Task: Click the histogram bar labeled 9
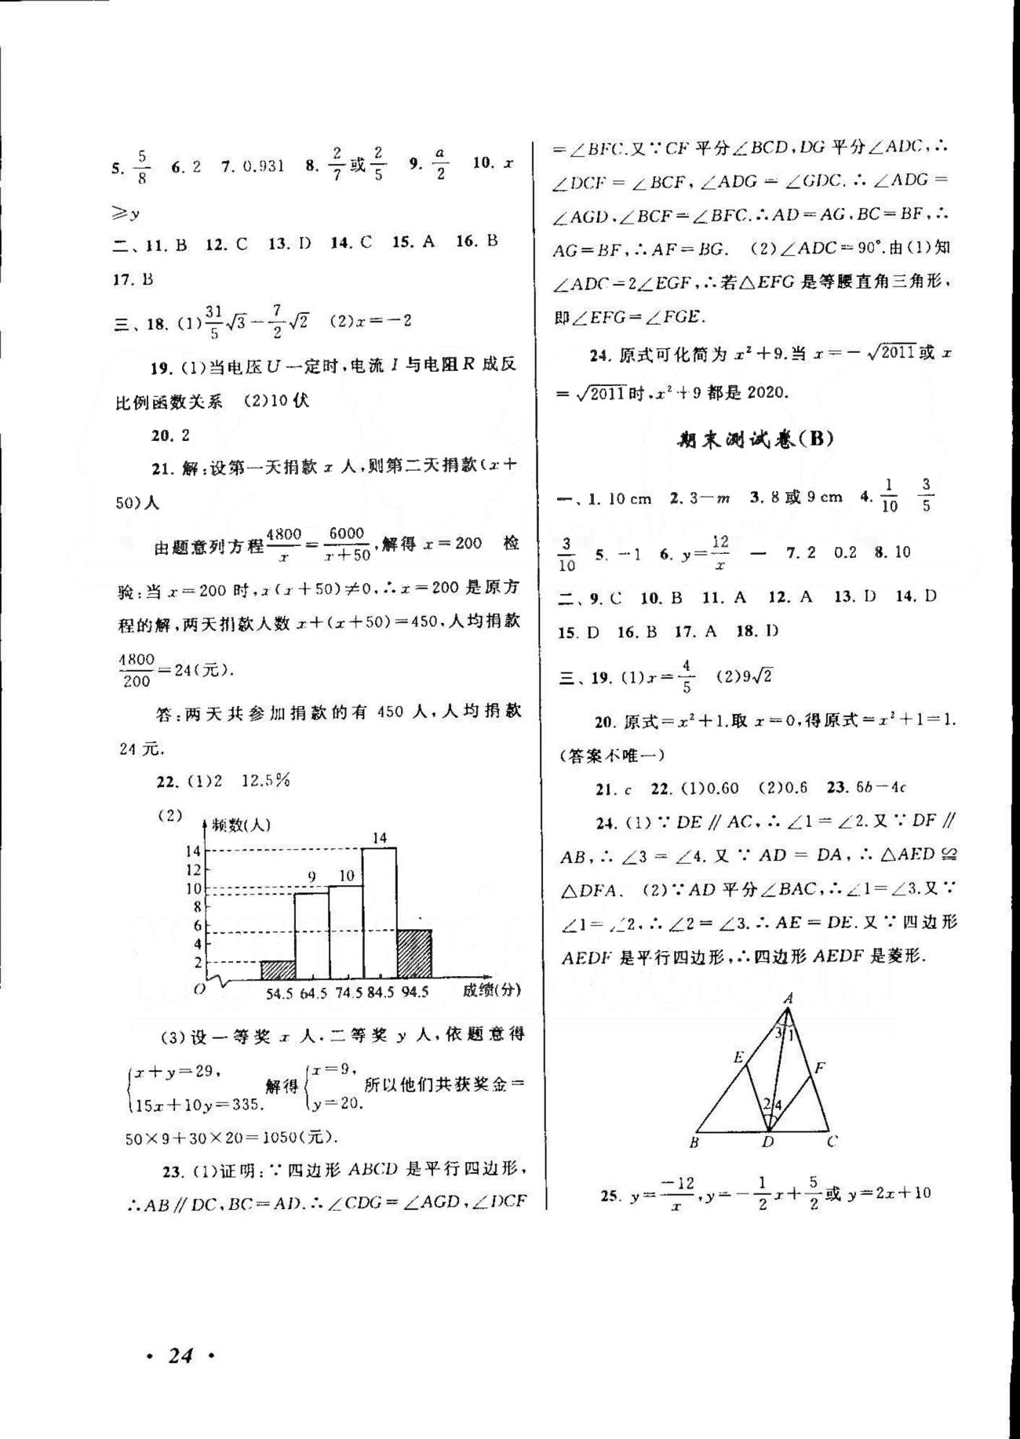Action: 311,936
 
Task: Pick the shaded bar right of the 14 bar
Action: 414,954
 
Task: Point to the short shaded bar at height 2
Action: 278,970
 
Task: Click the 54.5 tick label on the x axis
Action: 279,993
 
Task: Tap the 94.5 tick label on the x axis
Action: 414,993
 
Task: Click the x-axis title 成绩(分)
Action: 491,990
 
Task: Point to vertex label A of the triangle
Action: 789,998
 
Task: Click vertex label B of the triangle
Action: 694,1142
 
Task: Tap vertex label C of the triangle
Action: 832,1142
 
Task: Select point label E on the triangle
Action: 738,1057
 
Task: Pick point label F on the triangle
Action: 820,1067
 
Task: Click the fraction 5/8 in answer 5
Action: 141,167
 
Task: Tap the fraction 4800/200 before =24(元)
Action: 137,671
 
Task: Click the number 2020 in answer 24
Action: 767,392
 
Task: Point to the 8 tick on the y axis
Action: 199,907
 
